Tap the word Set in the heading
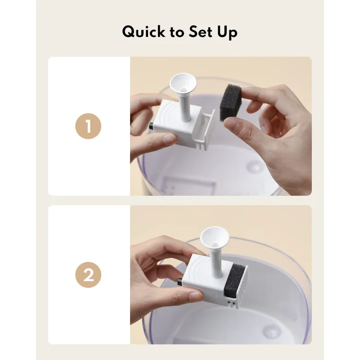[x=201, y=32]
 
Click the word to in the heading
[x=176, y=32]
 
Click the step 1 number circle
[x=88, y=126]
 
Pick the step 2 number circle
[x=88, y=275]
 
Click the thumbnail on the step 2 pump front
[x=196, y=296]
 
